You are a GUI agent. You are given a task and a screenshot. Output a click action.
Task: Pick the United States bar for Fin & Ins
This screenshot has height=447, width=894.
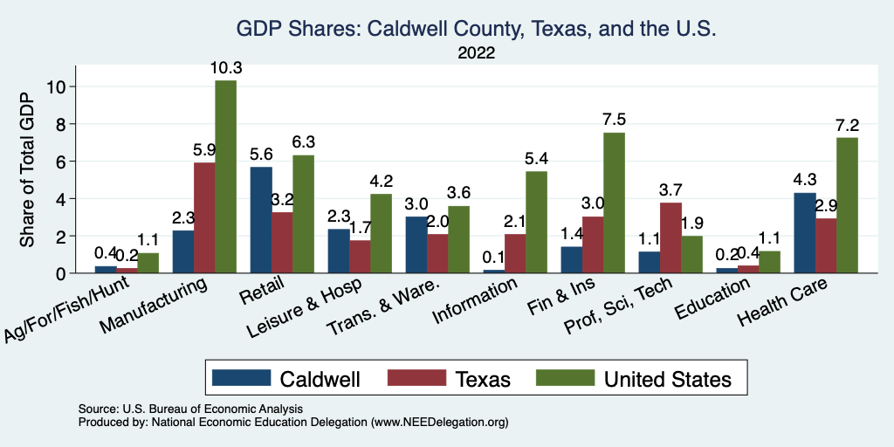point(614,203)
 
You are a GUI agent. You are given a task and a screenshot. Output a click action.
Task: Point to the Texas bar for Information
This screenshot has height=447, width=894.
point(515,253)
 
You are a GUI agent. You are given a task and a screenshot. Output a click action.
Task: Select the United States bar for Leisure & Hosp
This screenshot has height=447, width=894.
point(381,233)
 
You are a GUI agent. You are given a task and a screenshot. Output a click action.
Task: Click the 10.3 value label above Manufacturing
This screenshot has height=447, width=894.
point(225,68)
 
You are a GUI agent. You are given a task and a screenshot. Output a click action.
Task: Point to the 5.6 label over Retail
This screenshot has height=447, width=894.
point(261,155)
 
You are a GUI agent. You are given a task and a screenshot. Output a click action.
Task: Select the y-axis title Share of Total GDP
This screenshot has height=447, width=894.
point(29,172)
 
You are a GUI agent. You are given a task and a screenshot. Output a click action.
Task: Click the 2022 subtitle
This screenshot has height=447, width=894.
point(476,53)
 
